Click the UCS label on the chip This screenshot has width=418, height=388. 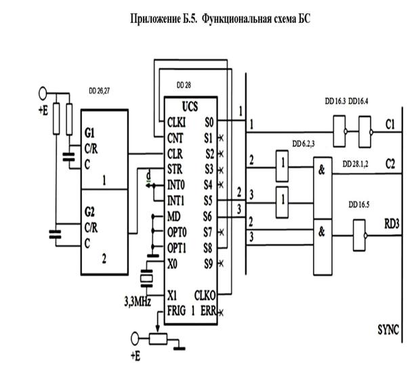click(189, 107)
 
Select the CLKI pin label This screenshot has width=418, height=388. click(179, 122)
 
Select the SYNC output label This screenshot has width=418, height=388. click(388, 330)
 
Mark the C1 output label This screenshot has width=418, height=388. click(390, 125)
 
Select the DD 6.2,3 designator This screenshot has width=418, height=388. click(305, 144)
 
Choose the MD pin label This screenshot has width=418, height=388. click(173, 216)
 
